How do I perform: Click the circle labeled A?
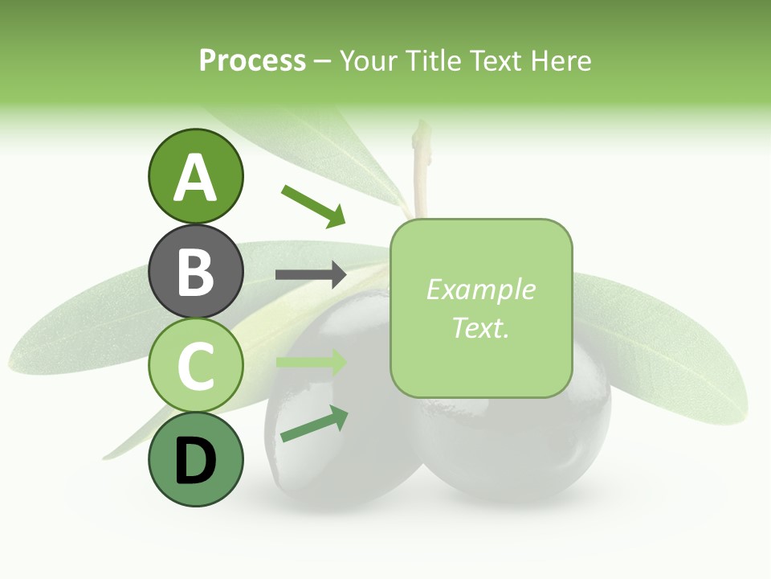[195, 176]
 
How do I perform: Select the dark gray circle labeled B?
[195, 271]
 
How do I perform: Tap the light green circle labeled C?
[195, 365]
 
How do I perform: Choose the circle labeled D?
[195, 459]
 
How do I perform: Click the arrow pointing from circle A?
[313, 206]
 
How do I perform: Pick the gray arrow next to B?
[311, 275]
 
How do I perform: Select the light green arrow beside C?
[311, 363]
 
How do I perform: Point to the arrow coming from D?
[314, 424]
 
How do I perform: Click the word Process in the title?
[252, 60]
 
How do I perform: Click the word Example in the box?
[480, 289]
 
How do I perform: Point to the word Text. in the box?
[480, 327]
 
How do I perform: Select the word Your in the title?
[365, 60]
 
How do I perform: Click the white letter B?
[195, 272]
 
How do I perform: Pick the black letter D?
[195, 461]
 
